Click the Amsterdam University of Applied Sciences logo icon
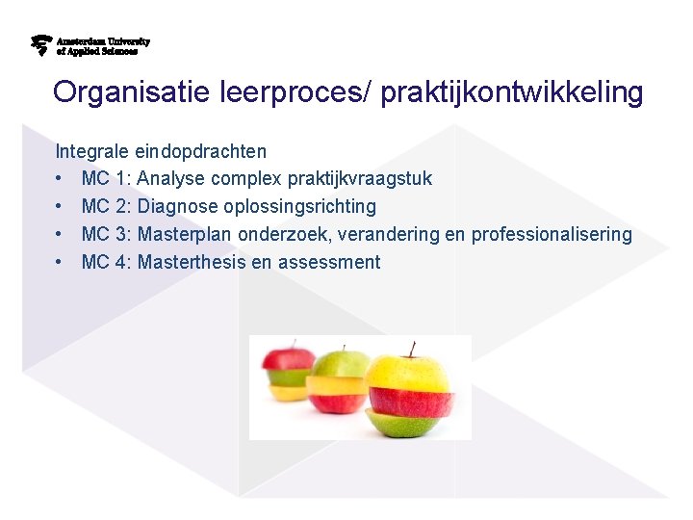pyautogui.click(x=41, y=45)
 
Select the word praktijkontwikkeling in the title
pyautogui.click(x=511, y=92)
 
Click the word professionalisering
pyautogui.click(x=552, y=235)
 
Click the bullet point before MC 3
pyautogui.click(x=60, y=235)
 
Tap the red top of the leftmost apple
pyautogui.click(x=288, y=359)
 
